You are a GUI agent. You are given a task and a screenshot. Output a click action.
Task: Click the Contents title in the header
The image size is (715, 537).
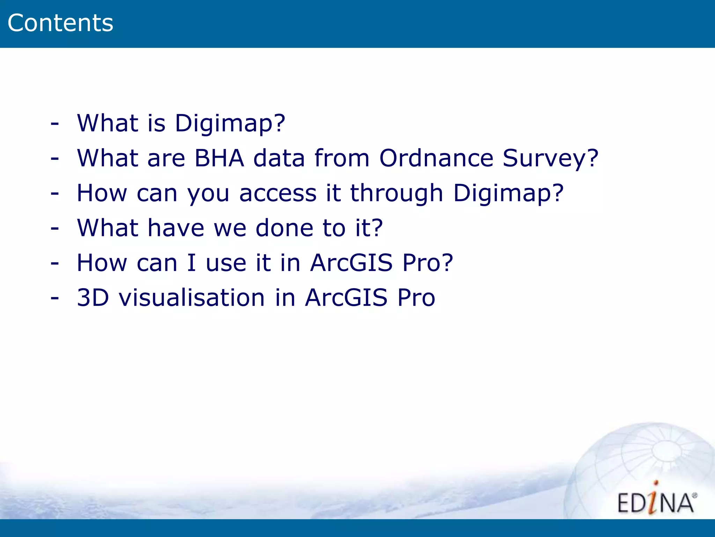(x=60, y=23)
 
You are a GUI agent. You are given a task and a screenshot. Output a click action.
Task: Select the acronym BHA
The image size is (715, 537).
(x=219, y=158)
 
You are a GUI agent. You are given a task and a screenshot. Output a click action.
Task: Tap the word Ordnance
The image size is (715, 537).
(x=436, y=158)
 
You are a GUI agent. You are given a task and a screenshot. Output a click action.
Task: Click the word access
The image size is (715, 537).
(x=278, y=193)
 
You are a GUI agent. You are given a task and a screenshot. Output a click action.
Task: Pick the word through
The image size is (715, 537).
(x=396, y=193)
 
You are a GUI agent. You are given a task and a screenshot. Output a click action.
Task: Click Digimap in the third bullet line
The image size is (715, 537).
(x=503, y=193)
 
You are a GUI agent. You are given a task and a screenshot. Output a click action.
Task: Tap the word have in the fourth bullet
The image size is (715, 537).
(x=176, y=228)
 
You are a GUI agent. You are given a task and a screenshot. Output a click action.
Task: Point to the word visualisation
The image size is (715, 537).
(x=192, y=298)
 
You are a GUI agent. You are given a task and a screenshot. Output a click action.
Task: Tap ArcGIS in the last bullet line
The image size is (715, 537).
(x=346, y=298)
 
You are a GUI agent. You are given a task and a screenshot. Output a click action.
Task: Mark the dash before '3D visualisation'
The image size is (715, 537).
(x=54, y=298)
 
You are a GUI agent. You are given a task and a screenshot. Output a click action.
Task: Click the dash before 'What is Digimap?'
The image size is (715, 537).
(x=54, y=123)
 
